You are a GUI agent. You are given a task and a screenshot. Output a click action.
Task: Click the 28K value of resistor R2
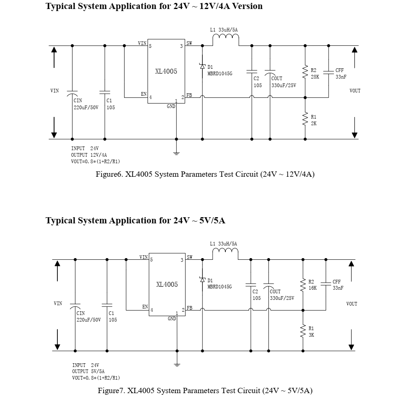coord(315,77)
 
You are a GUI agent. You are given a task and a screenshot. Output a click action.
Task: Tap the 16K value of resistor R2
coord(313,288)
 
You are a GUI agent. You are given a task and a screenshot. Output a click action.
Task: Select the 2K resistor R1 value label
coord(313,123)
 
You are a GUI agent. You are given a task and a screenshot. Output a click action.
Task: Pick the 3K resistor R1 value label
coord(311,335)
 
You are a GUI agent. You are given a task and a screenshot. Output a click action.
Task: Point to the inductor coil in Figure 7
coord(225,252)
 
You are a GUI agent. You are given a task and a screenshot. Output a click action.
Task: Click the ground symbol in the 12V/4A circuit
coord(177,153)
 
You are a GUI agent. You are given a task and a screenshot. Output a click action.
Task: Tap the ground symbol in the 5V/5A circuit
coord(177,364)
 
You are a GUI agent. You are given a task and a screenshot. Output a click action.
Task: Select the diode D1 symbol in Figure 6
coord(202,66)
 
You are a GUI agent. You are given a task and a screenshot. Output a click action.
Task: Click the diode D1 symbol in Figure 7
coord(202,279)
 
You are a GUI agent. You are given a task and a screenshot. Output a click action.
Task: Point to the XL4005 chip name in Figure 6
coord(166,71)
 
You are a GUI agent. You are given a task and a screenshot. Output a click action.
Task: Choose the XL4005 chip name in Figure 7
coord(167,284)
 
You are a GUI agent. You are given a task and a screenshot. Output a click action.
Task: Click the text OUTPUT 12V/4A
coord(89,155)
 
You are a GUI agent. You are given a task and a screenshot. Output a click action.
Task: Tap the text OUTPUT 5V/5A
coord(88,371)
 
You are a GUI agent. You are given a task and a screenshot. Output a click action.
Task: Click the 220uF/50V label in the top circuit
coord(86,108)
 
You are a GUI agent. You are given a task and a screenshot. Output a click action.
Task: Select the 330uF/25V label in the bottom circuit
coord(282,298)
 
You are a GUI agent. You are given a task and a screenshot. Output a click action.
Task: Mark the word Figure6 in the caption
coord(109,174)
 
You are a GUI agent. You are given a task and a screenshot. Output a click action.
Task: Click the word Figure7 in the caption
coord(111,391)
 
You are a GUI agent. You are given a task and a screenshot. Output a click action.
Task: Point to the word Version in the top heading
coord(247,6)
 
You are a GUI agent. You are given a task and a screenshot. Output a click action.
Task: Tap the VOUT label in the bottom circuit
coord(352,304)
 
